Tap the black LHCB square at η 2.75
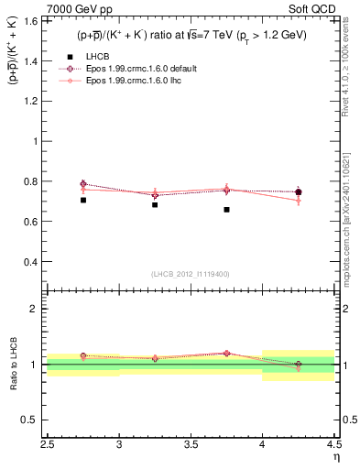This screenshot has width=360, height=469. tap(82, 200)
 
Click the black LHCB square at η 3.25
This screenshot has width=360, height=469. tap(155, 205)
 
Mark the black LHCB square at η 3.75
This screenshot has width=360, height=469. tap(226, 210)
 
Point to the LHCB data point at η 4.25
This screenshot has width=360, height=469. tap(298, 192)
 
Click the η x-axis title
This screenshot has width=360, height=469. tap(336, 456)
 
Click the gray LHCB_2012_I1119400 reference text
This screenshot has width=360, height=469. tap(191, 274)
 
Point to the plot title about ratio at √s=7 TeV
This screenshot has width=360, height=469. tap(191, 35)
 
